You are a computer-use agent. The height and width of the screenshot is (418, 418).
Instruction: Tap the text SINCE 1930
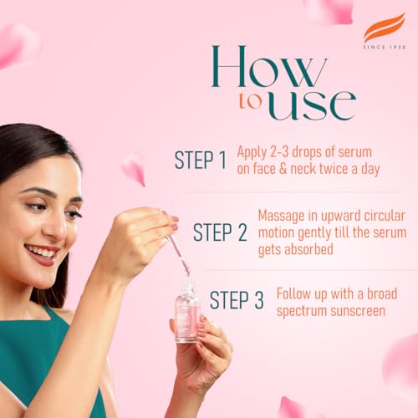pyautogui.click(x=384, y=47)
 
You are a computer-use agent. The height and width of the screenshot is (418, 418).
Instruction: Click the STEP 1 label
pyautogui.click(x=200, y=161)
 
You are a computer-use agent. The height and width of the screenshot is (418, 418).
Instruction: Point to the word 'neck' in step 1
pyautogui.click(x=311, y=168)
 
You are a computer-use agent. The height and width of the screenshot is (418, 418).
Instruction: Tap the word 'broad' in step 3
pyautogui.click(x=376, y=294)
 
